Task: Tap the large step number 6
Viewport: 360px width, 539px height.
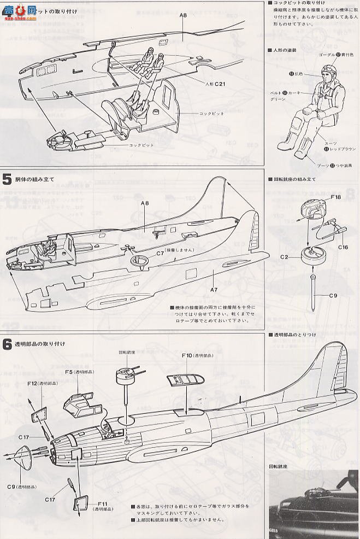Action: (x=7, y=344)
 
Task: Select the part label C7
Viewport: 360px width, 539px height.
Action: (x=160, y=253)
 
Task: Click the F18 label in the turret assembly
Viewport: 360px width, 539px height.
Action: (x=336, y=197)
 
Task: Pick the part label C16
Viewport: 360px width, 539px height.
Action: (x=343, y=247)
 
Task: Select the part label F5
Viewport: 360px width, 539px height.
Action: (x=70, y=372)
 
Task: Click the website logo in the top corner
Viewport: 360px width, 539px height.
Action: (x=19, y=10)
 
